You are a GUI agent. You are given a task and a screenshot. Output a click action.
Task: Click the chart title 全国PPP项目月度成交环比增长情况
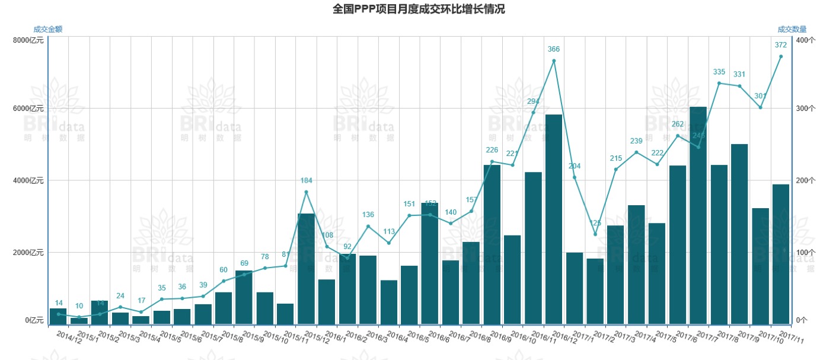[419, 9]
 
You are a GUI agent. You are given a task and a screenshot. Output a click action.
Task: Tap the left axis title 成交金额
[48, 29]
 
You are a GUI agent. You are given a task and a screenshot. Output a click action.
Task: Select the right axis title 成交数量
[792, 29]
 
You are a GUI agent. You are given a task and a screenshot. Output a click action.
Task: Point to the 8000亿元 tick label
[28, 40]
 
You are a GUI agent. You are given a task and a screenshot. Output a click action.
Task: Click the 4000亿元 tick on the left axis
[28, 180]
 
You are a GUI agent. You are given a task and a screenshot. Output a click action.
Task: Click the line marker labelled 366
[554, 60]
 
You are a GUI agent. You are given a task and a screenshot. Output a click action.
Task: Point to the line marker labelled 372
[781, 56]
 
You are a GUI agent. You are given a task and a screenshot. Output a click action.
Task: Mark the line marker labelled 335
[719, 83]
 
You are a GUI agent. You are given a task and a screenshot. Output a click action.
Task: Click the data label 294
[533, 101]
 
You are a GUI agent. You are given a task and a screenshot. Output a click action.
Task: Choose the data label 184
[306, 180]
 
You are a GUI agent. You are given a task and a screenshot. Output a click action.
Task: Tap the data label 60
[224, 270]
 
